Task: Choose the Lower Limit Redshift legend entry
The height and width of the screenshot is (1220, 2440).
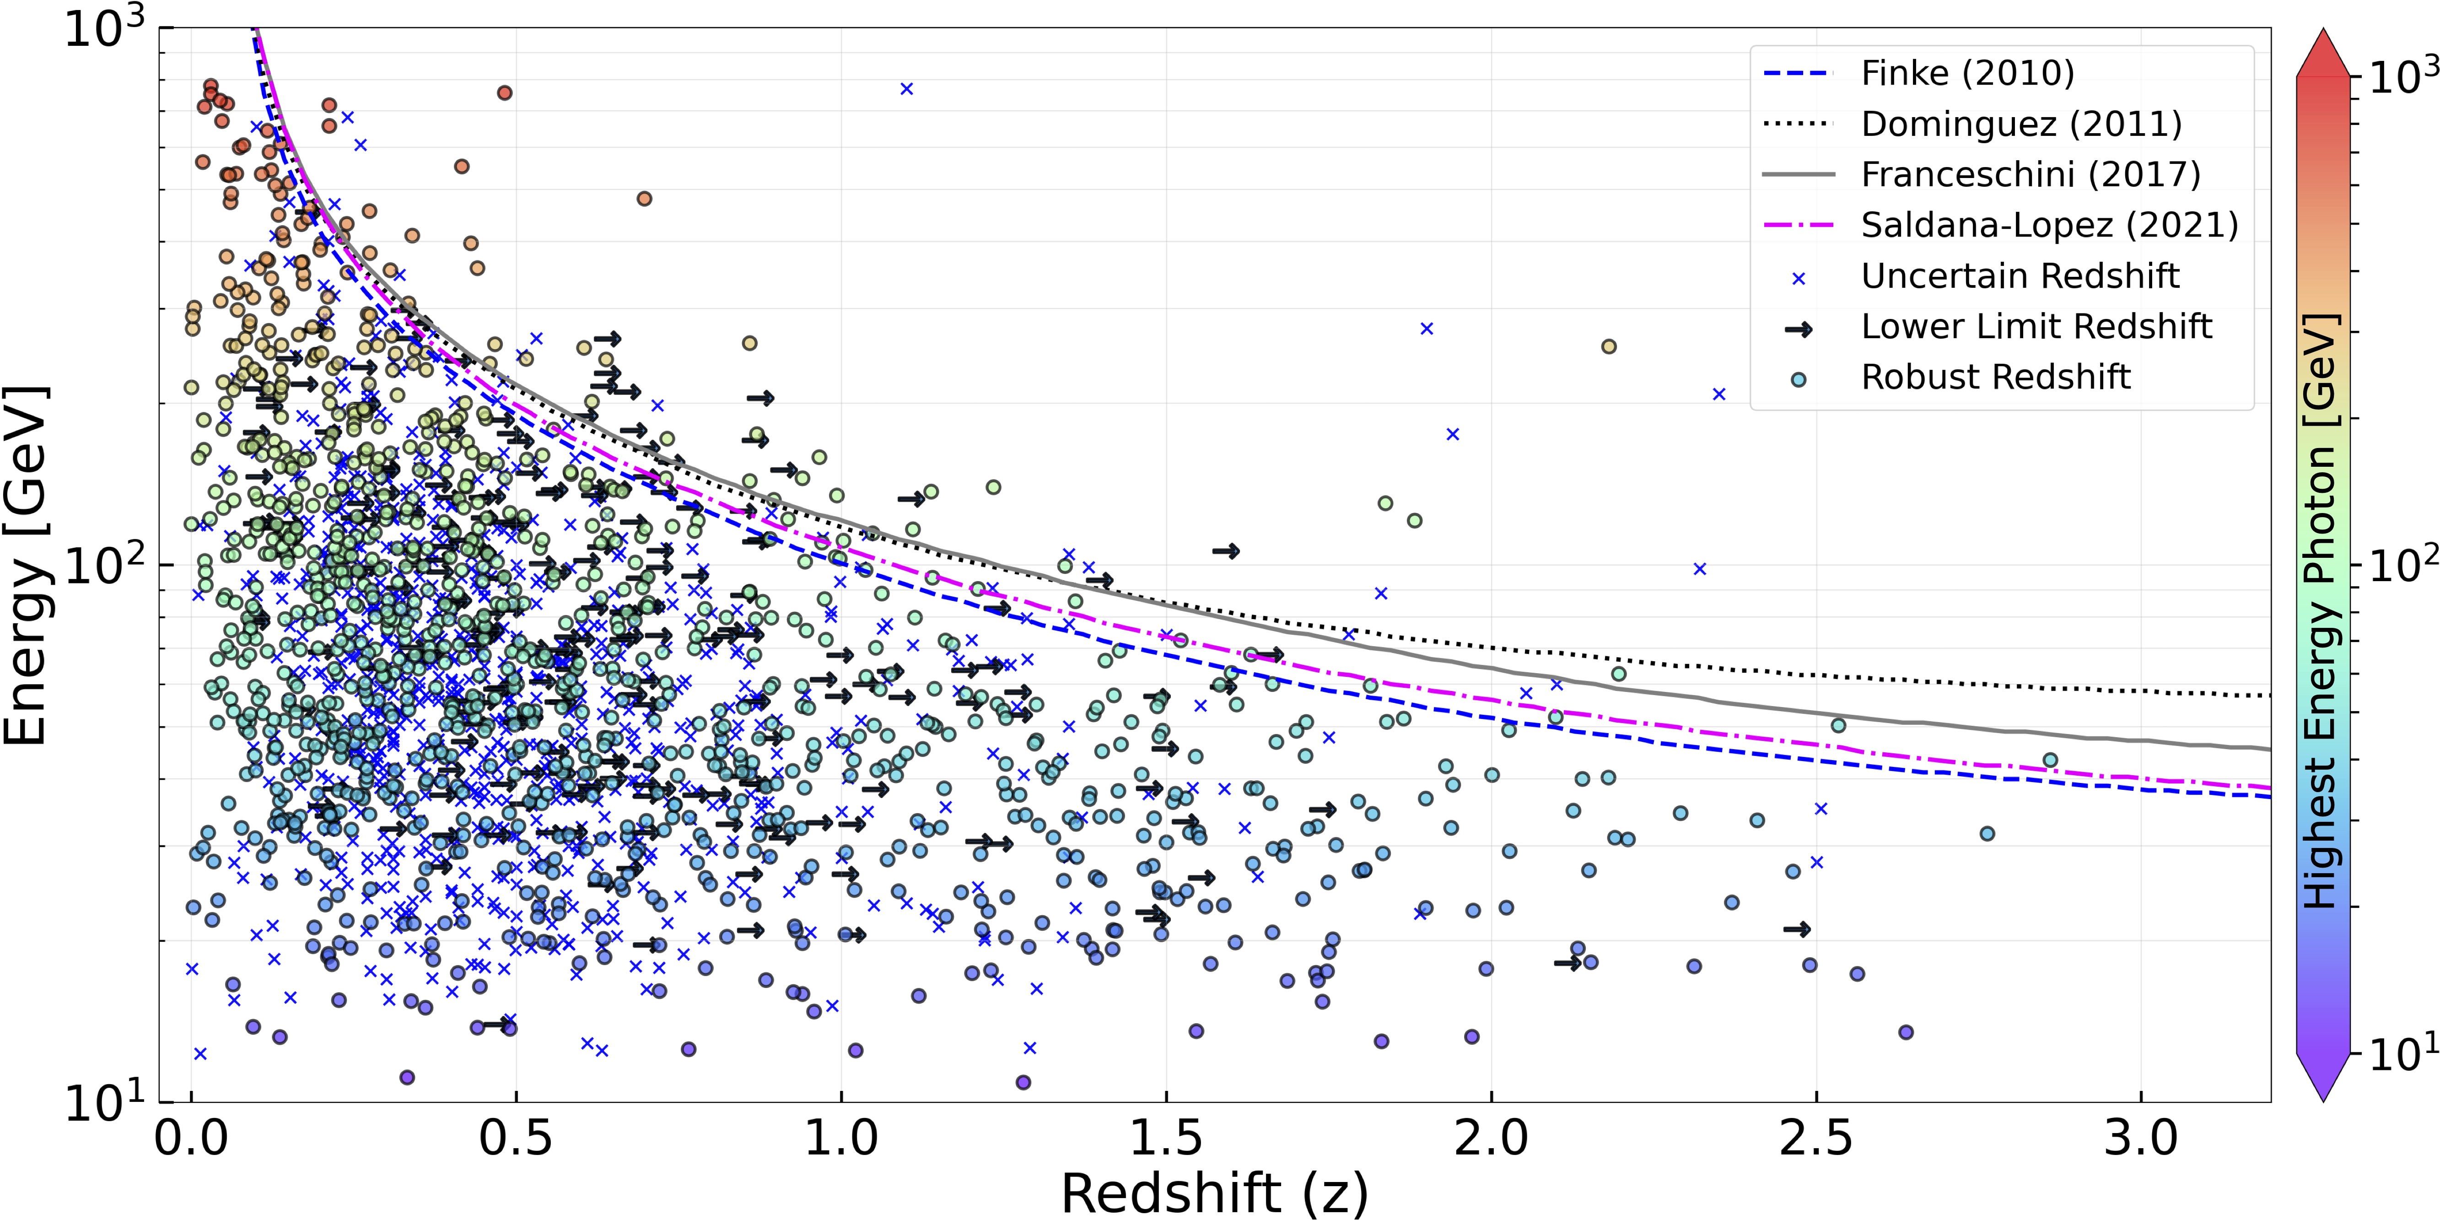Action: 2036,327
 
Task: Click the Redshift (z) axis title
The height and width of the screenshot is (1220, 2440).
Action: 1214,1192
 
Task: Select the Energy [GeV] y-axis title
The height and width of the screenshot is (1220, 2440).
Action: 27,566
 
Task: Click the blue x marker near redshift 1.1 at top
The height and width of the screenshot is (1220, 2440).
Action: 906,89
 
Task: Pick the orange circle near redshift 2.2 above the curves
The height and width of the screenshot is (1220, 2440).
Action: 1608,347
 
